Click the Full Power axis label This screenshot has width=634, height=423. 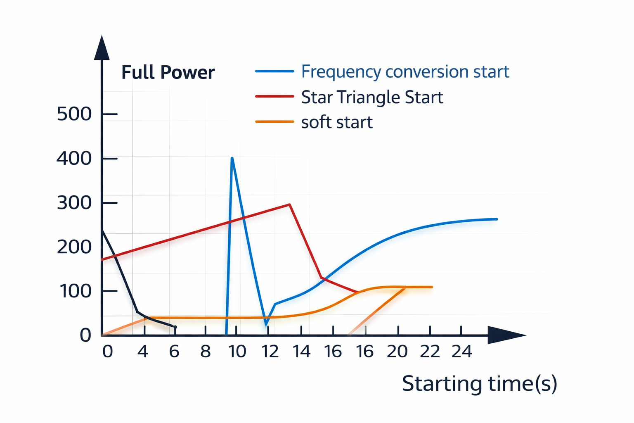pos(168,72)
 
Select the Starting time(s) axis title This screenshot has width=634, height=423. pos(480,384)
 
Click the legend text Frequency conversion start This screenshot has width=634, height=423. pos(405,72)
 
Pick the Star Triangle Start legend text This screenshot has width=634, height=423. pos(372,97)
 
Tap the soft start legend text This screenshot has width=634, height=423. pos(337,122)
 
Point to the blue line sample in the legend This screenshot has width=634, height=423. pos(274,71)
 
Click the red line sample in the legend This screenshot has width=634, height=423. pos(274,96)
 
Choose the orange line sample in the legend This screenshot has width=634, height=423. pos(274,121)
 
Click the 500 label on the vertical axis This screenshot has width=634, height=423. pos(74,114)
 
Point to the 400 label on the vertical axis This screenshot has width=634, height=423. pos(74,158)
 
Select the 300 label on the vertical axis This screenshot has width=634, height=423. pos(74,203)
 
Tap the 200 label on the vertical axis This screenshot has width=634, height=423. pos(74,247)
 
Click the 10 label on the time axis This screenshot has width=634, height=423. pos(237,352)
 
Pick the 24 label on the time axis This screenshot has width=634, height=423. pos(461,352)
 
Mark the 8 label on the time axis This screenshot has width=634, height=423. pos(206,352)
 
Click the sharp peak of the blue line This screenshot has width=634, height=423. pos(232,158)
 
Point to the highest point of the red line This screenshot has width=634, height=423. pos(289,204)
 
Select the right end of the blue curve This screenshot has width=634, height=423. pos(497,219)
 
